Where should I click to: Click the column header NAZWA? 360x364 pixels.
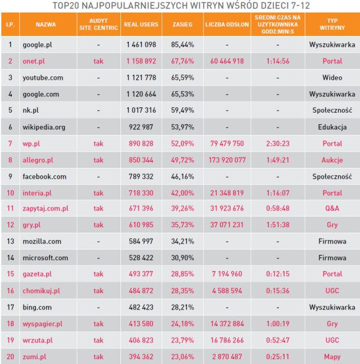coord(46,26)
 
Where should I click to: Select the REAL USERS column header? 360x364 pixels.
coord(141,26)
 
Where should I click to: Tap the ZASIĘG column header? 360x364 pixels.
coord(181,26)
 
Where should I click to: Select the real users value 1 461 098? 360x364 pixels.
coord(141,44)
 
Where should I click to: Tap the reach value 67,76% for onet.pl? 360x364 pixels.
coord(181,61)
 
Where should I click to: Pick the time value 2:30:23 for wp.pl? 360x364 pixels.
coord(277,144)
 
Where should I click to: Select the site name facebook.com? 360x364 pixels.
coord(44,177)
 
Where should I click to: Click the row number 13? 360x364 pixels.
coord(10,241)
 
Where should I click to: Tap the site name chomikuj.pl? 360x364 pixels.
coord(41,290)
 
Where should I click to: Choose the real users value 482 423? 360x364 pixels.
coord(141,307)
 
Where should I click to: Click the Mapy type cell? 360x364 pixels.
coord(332,356)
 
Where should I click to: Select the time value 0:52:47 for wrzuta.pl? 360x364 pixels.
coord(277,339)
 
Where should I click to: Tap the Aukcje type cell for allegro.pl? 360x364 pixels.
coord(332,160)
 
